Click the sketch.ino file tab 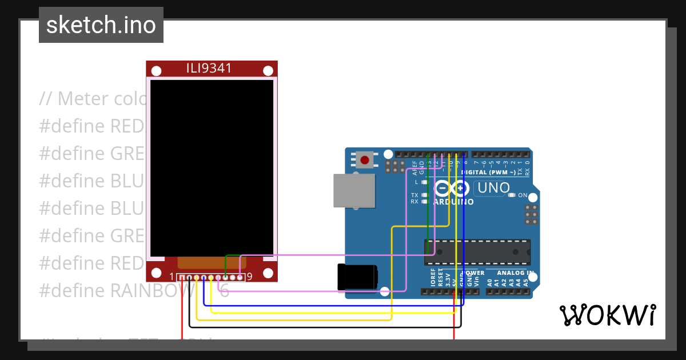(x=101, y=25)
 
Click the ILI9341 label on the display (x=209, y=69)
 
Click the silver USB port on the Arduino (x=354, y=190)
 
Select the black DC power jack (x=357, y=277)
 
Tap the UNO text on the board (x=493, y=187)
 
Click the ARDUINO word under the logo (x=453, y=202)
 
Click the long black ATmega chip (x=477, y=252)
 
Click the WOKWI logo (x=607, y=315)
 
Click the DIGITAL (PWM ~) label (x=490, y=172)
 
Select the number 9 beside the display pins (x=249, y=277)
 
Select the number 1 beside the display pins (x=172, y=277)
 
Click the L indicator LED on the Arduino (x=424, y=182)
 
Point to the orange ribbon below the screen (x=212, y=262)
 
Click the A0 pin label (x=490, y=282)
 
